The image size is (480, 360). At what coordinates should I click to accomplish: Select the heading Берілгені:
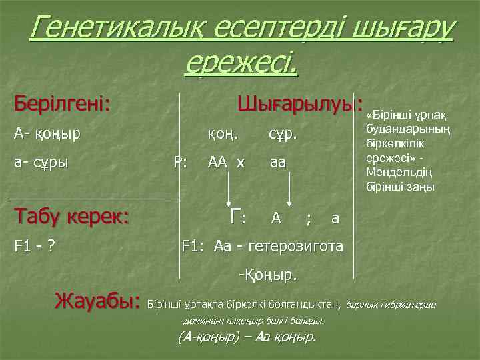(63, 105)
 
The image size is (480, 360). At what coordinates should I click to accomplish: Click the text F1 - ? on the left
(35, 246)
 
